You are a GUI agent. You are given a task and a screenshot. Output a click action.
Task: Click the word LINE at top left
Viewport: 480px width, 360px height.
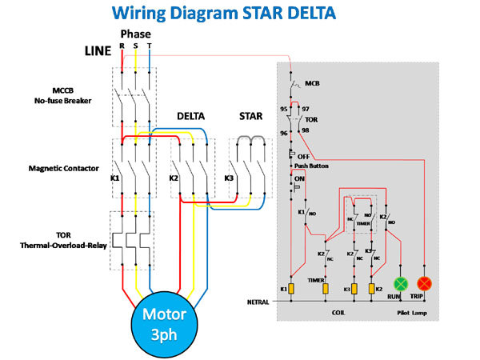click(101, 50)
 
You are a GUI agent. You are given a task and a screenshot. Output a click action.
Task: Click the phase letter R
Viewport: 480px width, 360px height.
click(122, 46)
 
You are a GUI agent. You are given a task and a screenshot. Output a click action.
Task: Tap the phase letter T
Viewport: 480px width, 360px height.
click(150, 46)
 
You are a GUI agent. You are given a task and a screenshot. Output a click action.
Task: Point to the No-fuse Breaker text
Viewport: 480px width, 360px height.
click(63, 102)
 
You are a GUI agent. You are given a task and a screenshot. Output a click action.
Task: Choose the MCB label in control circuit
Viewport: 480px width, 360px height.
click(312, 83)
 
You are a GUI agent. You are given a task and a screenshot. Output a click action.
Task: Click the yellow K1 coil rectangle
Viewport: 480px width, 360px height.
click(292, 288)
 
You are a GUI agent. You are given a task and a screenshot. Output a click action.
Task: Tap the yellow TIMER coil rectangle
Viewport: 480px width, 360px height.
click(326, 288)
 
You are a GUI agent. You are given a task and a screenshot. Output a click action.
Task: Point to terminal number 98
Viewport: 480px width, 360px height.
click(304, 130)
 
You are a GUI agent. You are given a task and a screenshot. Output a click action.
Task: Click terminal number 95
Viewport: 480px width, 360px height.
click(283, 108)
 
